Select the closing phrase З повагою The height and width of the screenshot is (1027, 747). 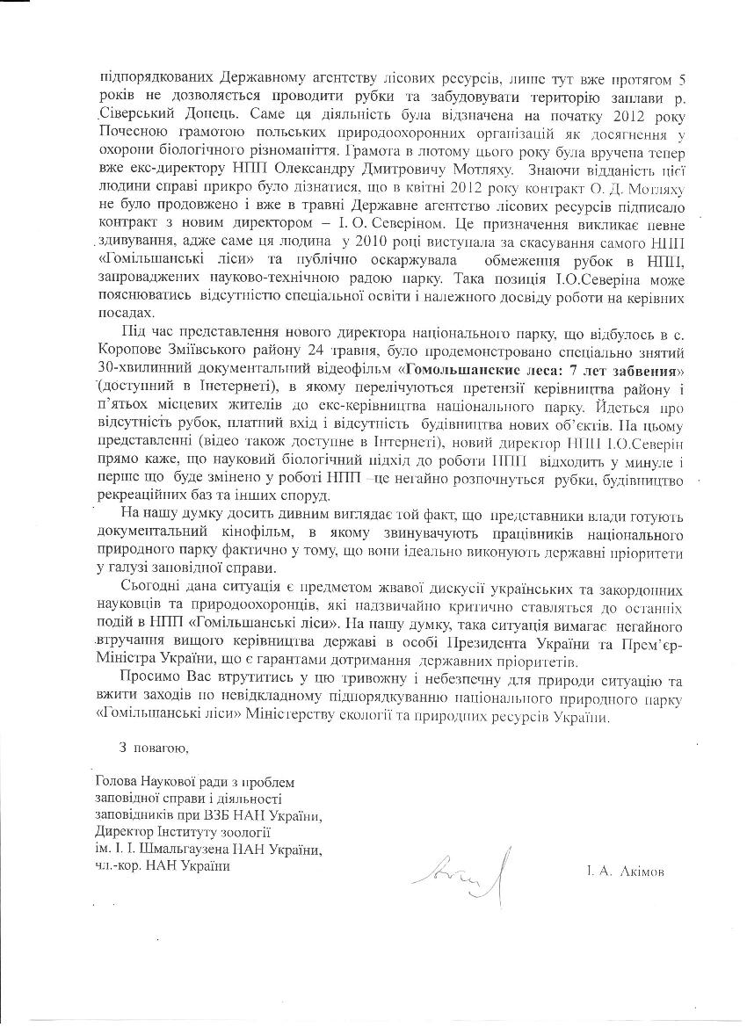pyautogui.click(x=150, y=748)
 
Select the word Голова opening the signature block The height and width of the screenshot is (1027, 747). pyautogui.click(x=113, y=782)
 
